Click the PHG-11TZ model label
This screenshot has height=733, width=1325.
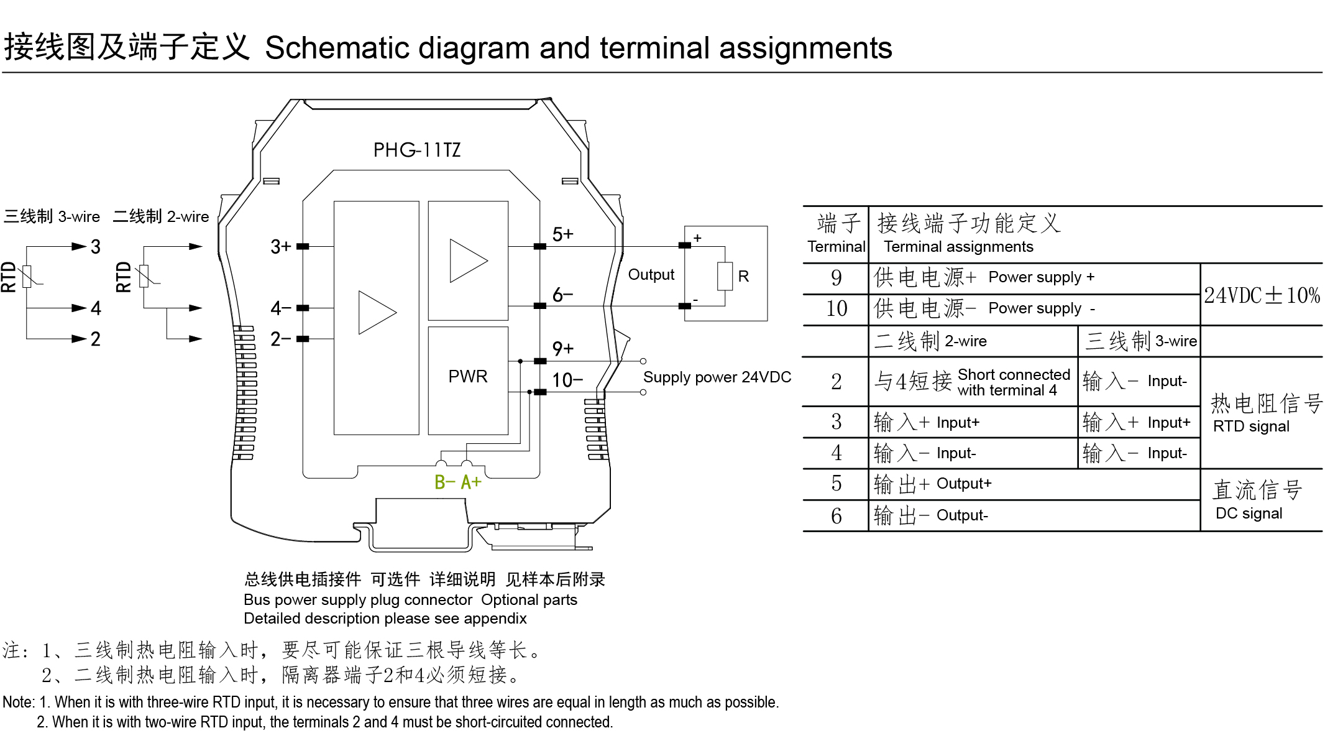tap(416, 150)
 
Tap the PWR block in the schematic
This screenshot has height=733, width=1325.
tap(467, 377)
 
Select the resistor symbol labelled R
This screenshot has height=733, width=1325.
tap(725, 276)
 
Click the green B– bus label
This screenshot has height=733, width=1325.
tap(444, 482)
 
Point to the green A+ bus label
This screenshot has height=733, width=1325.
tap(471, 482)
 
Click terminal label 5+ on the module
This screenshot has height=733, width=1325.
tap(562, 234)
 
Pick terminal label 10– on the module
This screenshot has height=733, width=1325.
tap(567, 380)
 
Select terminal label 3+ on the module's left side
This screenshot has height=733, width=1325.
tap(280, 247)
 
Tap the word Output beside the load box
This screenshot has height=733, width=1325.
tap(651, 275)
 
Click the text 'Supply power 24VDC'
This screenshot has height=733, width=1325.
tap(717, 377)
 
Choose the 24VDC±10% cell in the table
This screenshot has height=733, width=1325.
tap(1261, 295)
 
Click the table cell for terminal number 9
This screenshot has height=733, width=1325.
tap(836, 278)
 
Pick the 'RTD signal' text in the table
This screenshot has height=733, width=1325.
tap(1250, 426)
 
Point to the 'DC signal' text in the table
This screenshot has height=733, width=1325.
tap(1248, 514)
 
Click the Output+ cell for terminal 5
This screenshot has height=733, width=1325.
tap(963, 484)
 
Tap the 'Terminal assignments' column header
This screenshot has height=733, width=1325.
tap(958, 247)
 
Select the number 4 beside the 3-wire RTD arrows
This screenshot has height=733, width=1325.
tap(96, 308)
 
